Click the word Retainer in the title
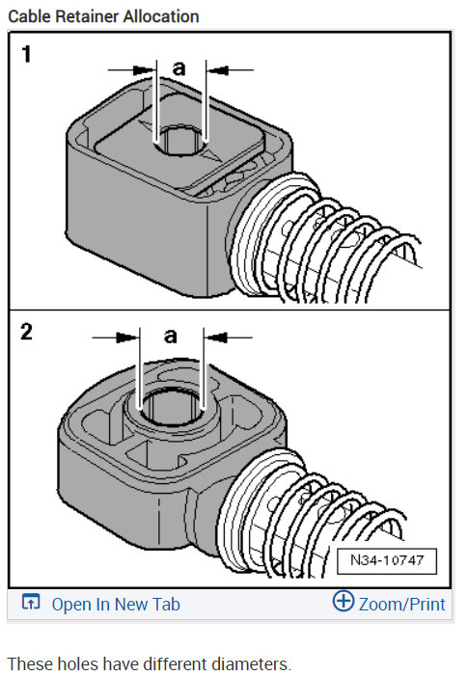click(x=84, y=16)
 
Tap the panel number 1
click(x=27, y=54)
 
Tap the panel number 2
click(x=27, y=333)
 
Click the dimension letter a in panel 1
click(x=179, y=67)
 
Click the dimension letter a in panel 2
click(x=171, y=336)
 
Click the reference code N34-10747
click(x=387, y=560)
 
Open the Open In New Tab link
click(x=115, y=605)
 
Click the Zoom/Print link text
click(x=401, y=605)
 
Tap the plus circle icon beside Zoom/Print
click(x=344, y=603)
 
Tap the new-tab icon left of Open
click(x=31, y=604)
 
